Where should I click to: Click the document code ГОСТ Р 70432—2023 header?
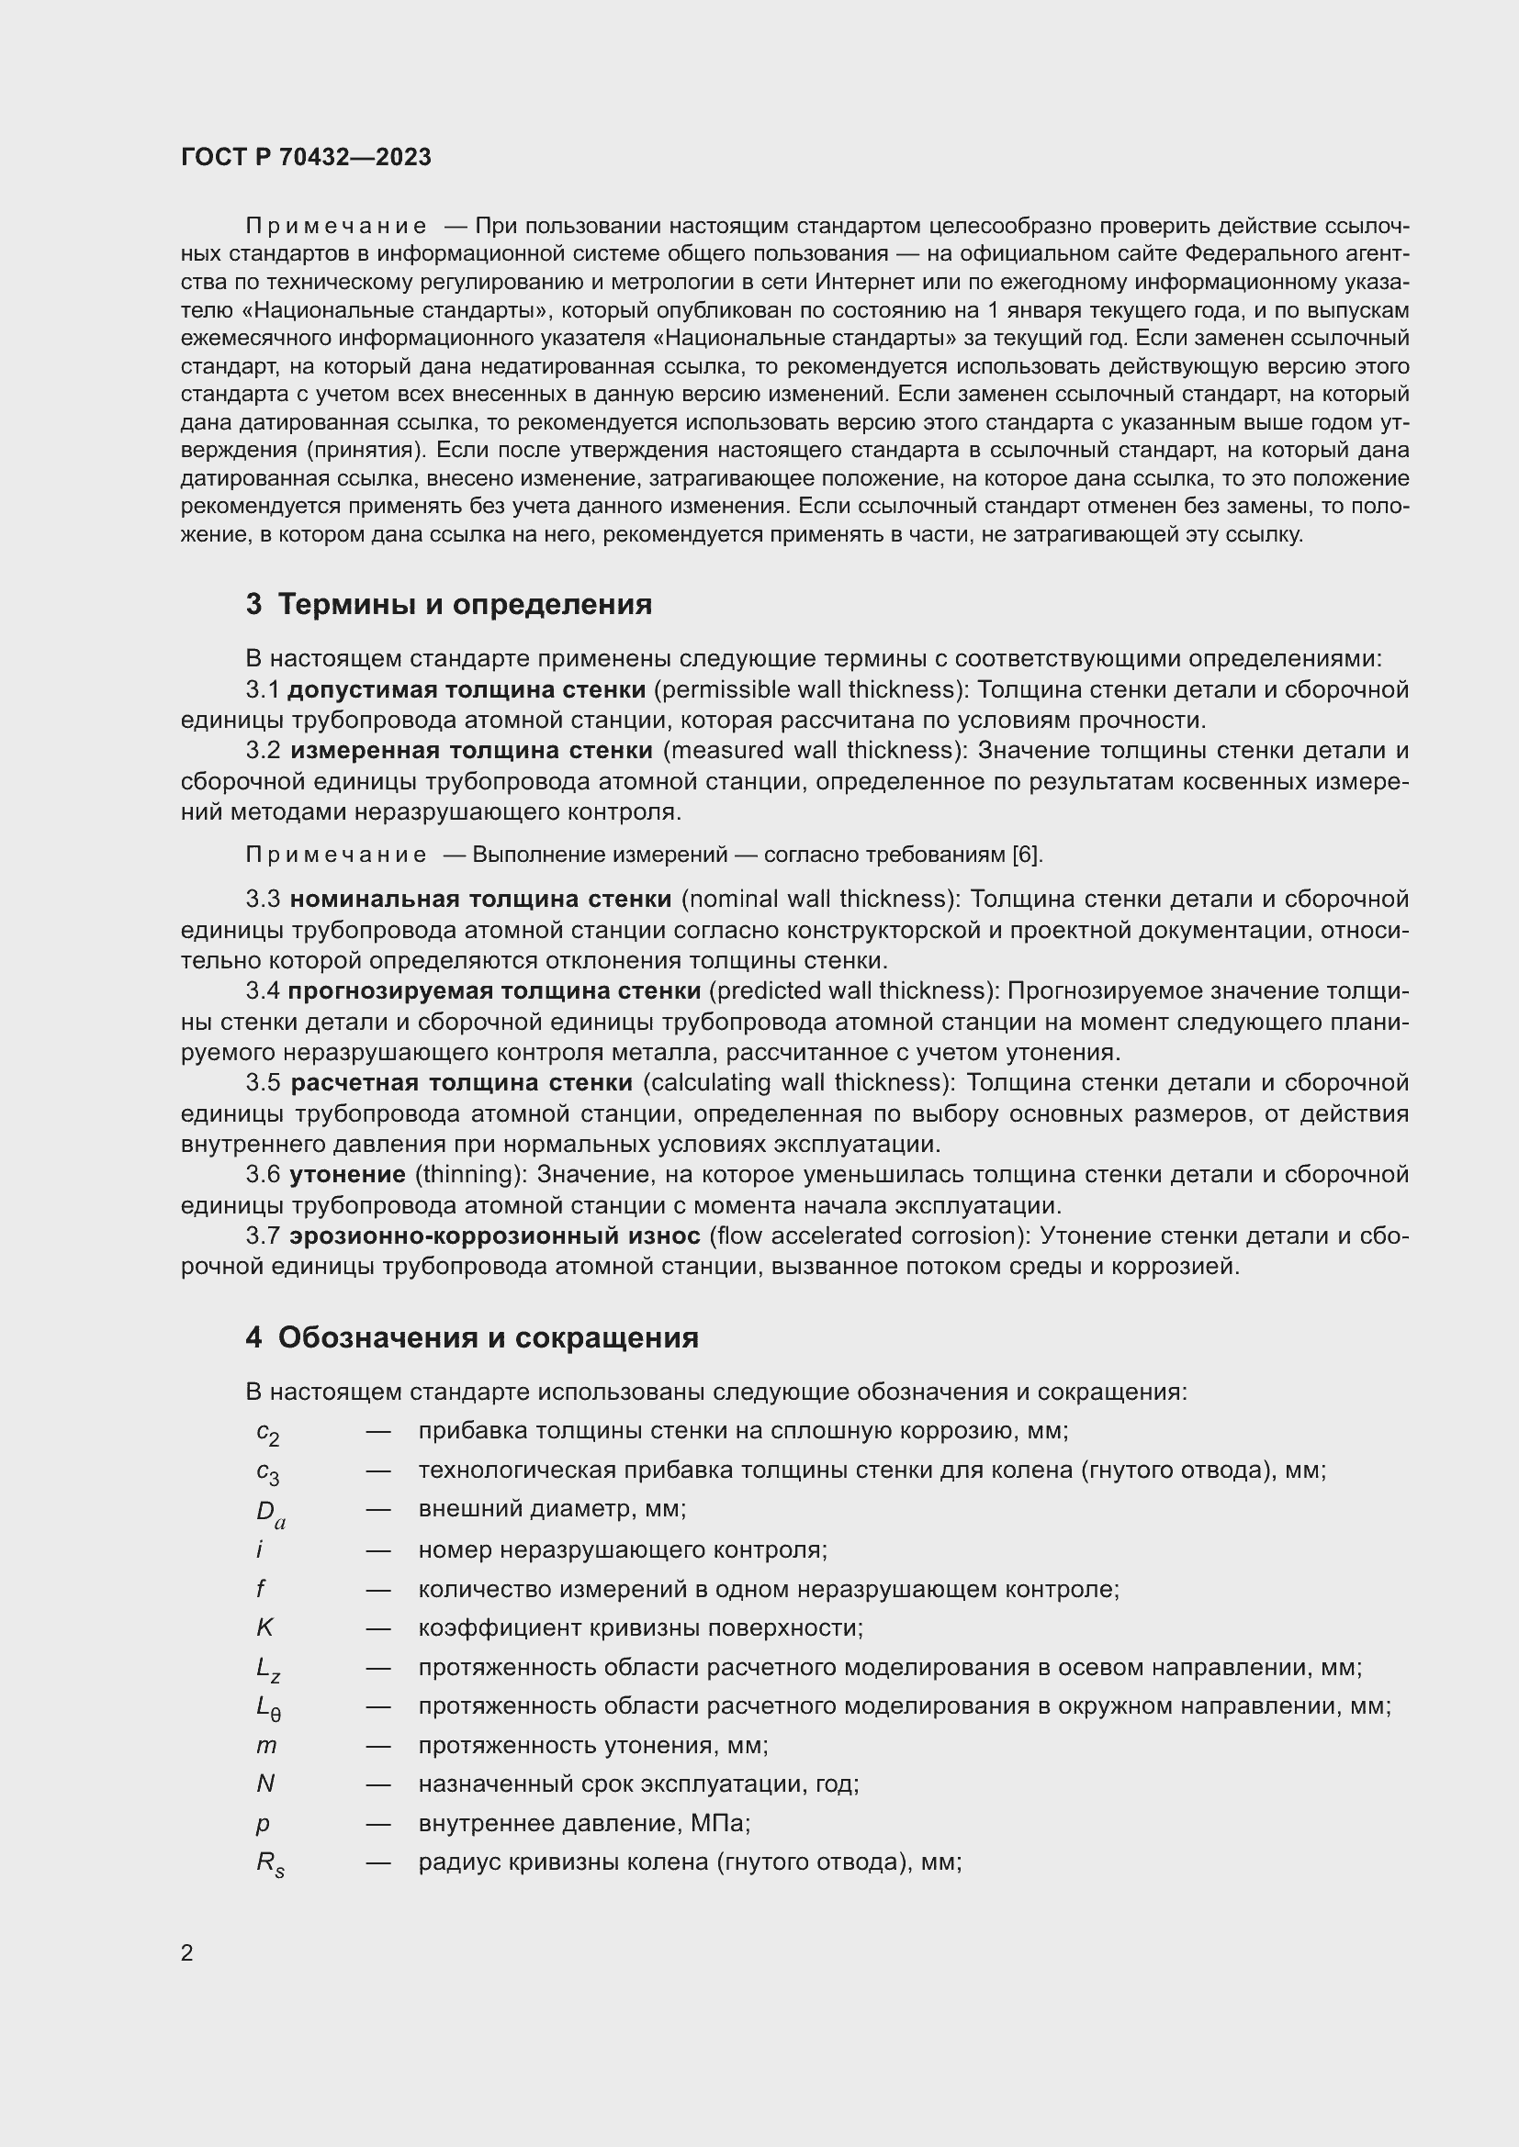click(306, 157)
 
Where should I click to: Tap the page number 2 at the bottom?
click(187, 1953)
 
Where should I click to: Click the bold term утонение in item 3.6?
click(347, 1175)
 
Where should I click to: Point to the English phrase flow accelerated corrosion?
click(864, 1236)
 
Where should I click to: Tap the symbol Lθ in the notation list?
click(268, 1707)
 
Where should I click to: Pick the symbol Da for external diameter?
click(270, 1512)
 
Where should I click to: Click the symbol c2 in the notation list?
click(267, 1433)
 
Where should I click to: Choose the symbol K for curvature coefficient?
click(264, 1628)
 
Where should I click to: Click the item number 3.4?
click(263, 991)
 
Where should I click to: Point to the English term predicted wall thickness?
click(850, 991)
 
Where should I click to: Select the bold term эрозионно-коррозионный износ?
click(495, 1236)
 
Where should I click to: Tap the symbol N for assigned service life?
click(265, 1784)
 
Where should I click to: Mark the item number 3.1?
click(263, 690)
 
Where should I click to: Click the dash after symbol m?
click(377, 1746)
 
